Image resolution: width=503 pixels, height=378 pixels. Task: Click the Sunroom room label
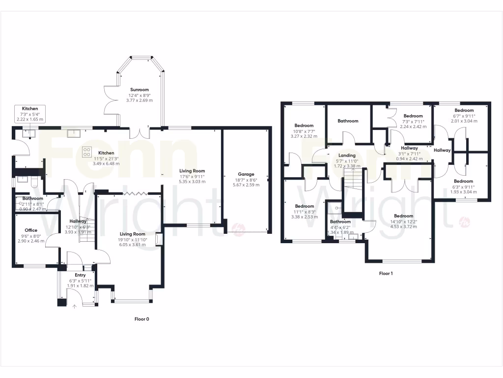point(139,90)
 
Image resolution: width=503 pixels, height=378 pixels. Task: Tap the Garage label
point(247,174)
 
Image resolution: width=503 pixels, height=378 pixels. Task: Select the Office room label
point(31,230)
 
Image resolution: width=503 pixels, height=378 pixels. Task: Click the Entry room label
point(80,275)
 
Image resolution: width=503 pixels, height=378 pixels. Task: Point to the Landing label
point(347,156)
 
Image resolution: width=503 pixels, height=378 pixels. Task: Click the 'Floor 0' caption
point(141,319)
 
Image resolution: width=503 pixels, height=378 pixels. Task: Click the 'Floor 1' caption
point(386,273)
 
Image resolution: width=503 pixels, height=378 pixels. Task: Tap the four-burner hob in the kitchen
point(86,151)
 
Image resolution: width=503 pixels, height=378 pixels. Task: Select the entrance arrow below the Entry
point(75,307)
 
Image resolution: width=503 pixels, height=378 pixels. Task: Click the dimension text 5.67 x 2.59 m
point(247,185)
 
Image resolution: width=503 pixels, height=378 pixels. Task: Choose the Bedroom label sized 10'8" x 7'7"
point(304,126)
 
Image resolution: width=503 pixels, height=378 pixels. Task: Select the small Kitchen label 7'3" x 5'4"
point(29,108)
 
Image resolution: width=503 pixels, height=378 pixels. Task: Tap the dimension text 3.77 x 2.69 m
point(139,100)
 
